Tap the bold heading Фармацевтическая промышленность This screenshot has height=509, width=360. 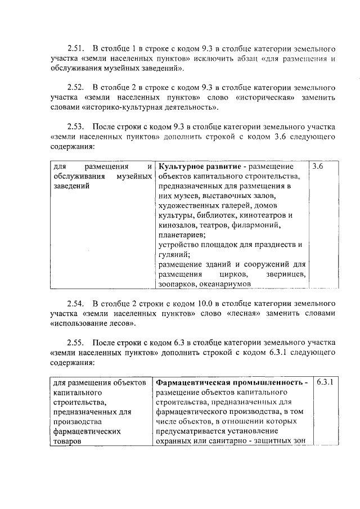pyautogui.click(x=231, y=382)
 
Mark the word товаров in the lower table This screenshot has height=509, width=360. pyautogui.click(x=66, y=442)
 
